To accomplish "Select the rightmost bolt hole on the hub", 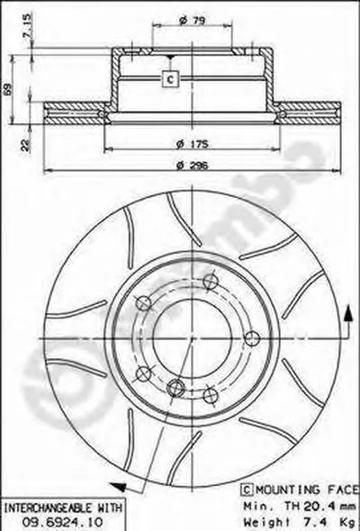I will [x=252, y=337].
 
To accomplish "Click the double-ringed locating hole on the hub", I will [x=177, y=388].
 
